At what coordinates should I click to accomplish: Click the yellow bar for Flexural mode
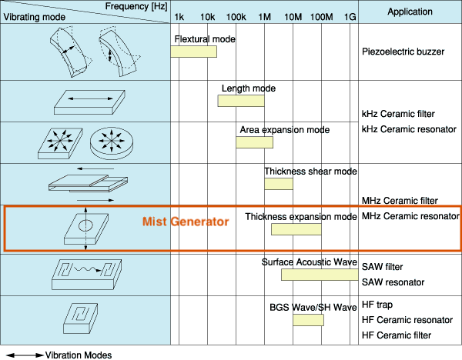(x=193, y=52)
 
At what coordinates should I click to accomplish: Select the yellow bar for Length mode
(x=241, y=100)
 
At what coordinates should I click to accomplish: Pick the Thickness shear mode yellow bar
(x=279, y=184)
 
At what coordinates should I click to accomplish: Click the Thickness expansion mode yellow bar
(x=296, y=229)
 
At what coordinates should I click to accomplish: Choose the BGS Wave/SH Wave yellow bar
(x=307, y=319)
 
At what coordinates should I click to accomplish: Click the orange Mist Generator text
(x=186, y=222)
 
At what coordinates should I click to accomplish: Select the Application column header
(x=410, y=12)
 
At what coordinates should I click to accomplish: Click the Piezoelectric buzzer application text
(x=403, y=52)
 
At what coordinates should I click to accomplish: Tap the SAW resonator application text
(x=393, y=282)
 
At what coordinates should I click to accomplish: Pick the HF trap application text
(x=377, y=306)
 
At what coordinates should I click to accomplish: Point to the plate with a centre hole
(x=85, y=228)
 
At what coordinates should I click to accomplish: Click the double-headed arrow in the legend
(x=24, y=355)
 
